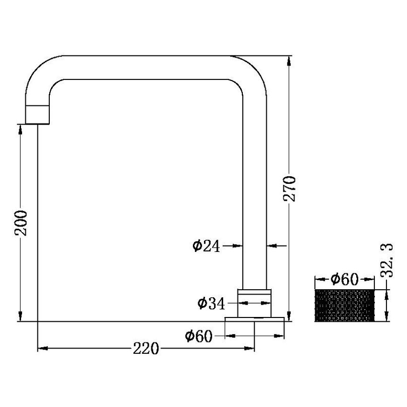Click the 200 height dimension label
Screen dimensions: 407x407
coord(21,223)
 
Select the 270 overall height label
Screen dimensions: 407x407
coord(289,189)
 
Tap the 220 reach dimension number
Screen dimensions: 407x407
coord(146,349)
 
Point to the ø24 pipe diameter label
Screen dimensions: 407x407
coord(206,246)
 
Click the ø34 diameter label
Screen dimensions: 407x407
coord(211,304)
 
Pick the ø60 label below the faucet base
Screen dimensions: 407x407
coord(199,336)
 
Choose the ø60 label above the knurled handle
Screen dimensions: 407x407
coord(345,279)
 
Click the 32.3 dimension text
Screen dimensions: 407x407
coord(387,260)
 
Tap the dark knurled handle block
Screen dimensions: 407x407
coord(345,305)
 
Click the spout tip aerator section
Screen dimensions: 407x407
coord(37,114)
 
